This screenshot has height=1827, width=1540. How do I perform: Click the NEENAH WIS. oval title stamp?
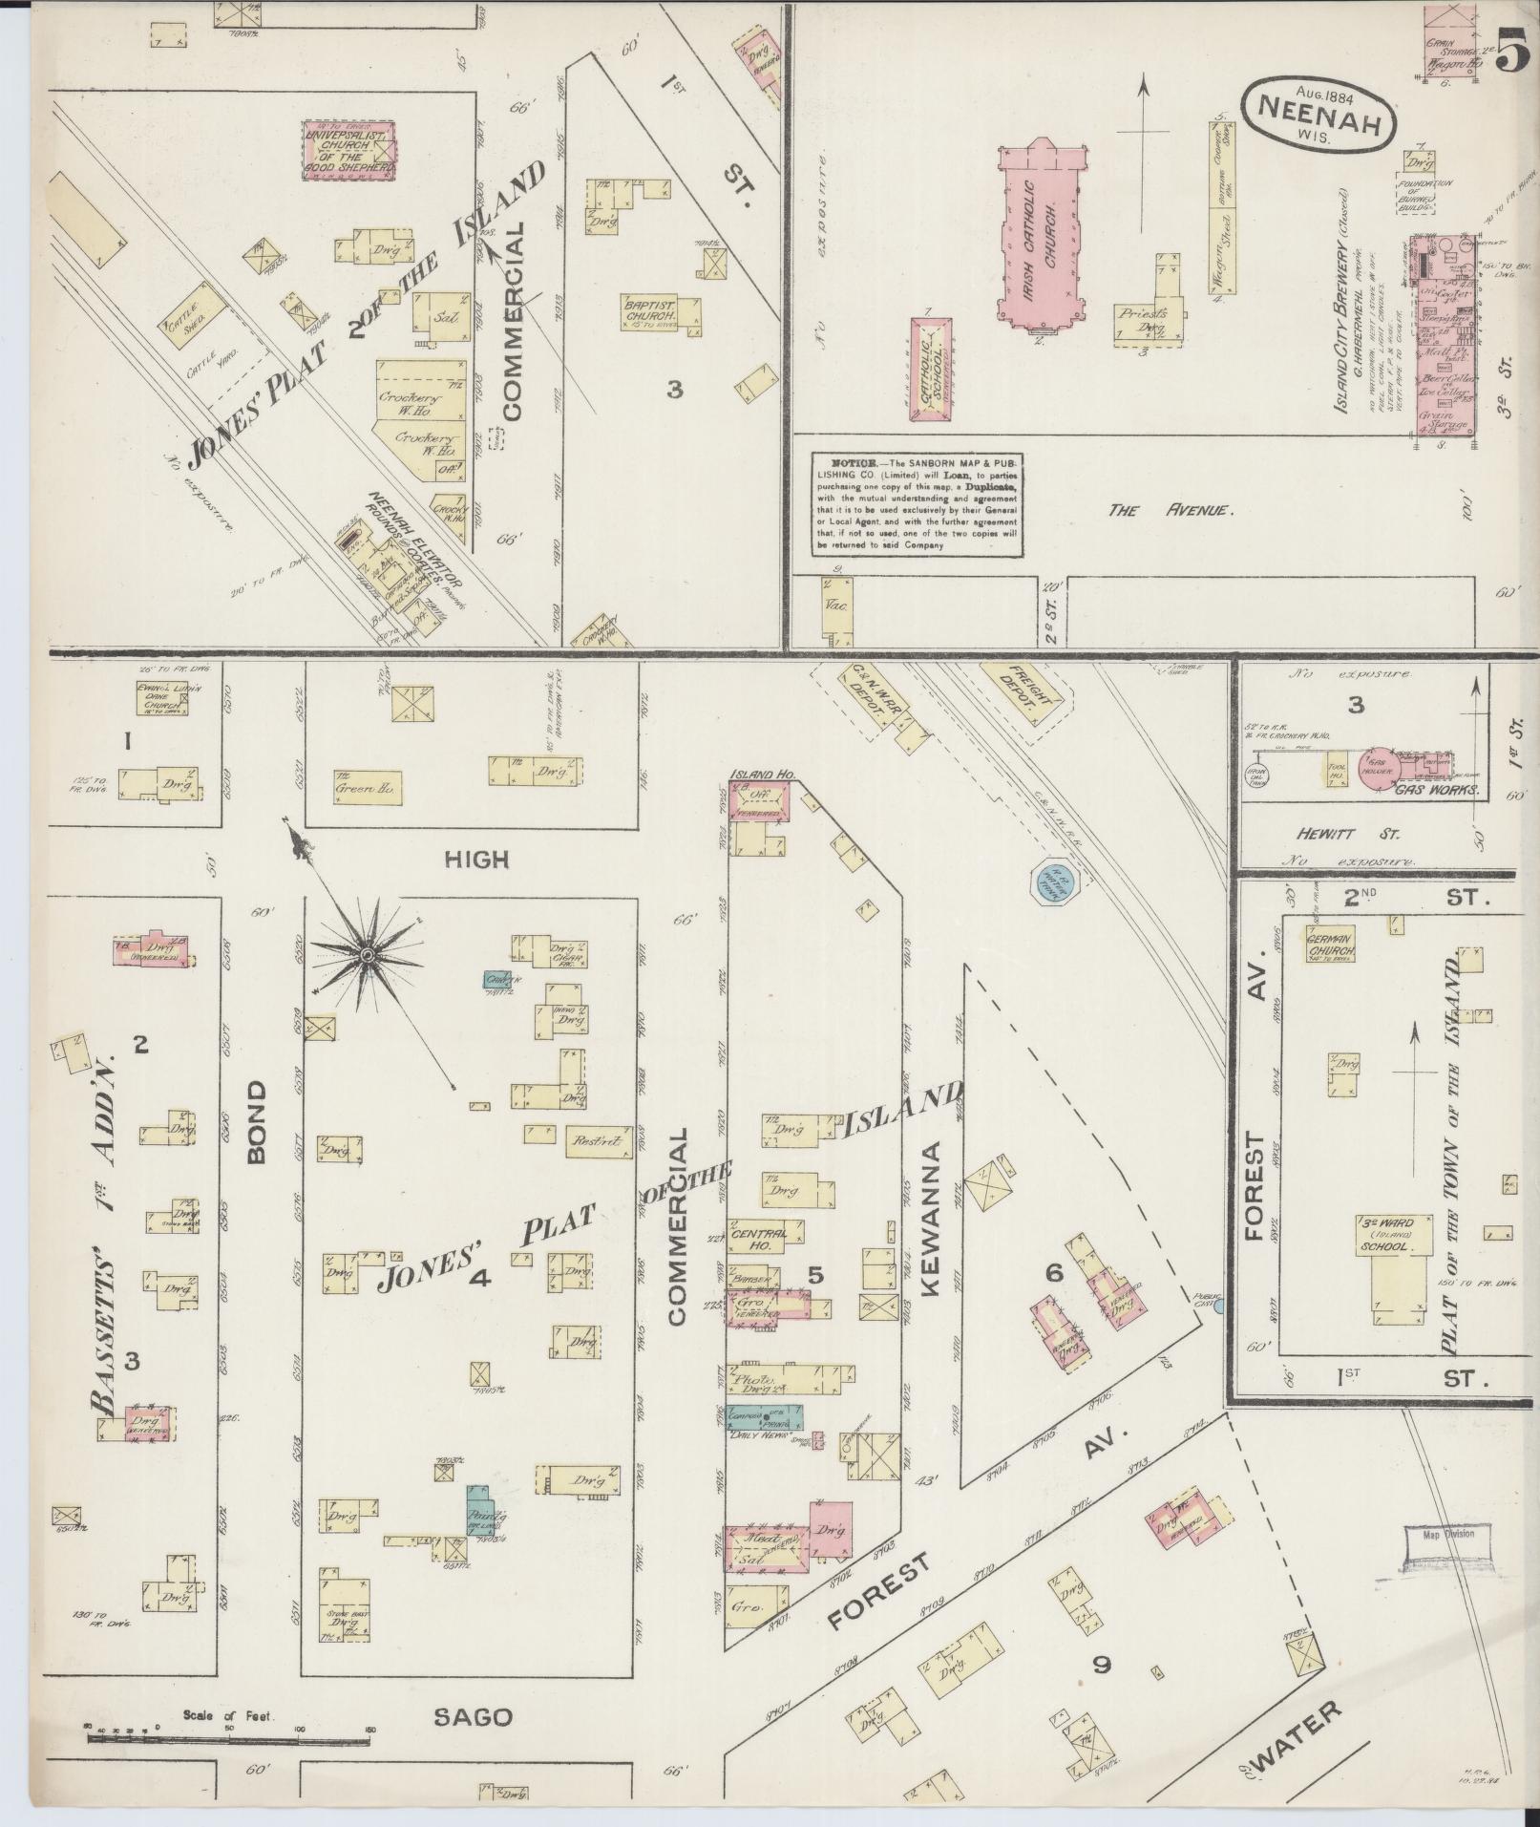click(1320, 111)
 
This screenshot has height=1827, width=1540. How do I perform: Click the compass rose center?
click(368, 954)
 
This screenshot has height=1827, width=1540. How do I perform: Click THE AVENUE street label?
click(1171, 511)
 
